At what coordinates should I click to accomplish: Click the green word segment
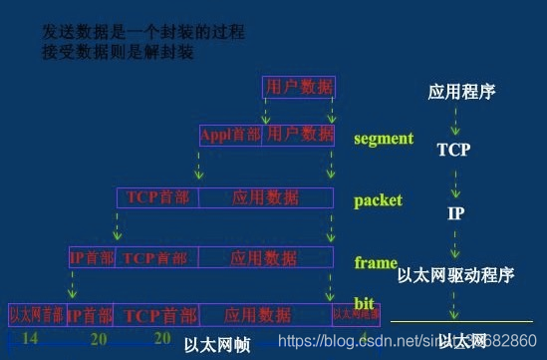[383, 139]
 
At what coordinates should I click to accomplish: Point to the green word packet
[378, 200]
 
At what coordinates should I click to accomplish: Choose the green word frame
[375, 263]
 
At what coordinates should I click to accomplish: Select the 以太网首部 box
[37, 314]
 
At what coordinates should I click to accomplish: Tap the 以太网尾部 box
[356, 314]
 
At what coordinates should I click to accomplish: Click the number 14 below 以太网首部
[30, 338]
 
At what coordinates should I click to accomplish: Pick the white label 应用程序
[461, 93]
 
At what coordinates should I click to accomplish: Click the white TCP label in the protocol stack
[453, 151]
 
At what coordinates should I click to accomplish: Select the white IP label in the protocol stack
[454, 212]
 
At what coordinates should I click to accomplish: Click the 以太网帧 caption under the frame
[216, 345]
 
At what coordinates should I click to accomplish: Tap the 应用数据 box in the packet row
[265, 197]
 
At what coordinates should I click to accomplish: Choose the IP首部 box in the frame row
[92, 258]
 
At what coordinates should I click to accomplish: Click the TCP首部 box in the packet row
[157, 197]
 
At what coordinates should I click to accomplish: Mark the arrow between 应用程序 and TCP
[455, 122]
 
